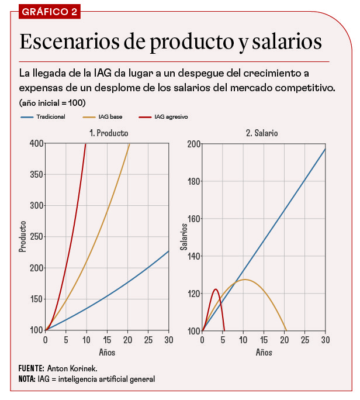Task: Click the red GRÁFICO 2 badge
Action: (50, 12)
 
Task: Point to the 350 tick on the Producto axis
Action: (36, 174)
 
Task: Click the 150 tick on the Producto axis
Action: (36, 299)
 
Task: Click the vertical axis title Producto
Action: (23, 236)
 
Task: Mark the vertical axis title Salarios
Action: (184, 236)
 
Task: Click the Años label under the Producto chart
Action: (107, 353)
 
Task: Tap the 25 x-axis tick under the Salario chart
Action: (304, 340)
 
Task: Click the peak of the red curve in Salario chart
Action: (216, 289)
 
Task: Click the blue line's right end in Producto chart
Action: (168, 251)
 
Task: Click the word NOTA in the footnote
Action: (27, 379)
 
